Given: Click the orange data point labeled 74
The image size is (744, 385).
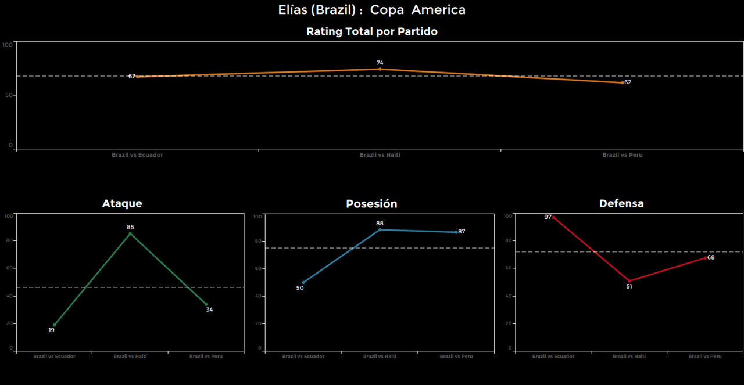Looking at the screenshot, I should click(380, 69).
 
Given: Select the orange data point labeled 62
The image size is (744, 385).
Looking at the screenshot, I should click(623, 82).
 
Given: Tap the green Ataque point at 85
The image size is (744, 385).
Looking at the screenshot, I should click(130, 233).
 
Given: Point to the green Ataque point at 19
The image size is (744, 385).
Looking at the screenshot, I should click(55, 325).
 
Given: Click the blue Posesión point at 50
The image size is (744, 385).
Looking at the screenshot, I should click(303, 283).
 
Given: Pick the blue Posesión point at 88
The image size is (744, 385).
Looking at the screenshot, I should click(380, 229).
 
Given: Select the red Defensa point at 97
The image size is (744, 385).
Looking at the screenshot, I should click(553, 217).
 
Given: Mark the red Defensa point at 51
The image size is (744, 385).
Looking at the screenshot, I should click(629, 281).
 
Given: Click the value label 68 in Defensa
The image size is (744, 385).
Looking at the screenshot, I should click(711, 257).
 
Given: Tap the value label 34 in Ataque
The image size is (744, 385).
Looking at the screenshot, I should click(209, 310).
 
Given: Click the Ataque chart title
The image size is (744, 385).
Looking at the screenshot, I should click(122, 203).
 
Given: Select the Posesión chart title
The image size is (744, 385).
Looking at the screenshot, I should click(371, 203).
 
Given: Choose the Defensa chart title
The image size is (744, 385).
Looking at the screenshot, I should click(621, 203).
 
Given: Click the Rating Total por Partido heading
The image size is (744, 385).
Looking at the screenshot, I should click(372, 32).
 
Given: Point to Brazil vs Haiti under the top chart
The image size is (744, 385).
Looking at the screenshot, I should click(380, 155).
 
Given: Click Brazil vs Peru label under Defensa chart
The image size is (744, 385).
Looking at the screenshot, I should click(705, 356).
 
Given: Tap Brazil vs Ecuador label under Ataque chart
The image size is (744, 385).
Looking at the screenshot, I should click(54, 356).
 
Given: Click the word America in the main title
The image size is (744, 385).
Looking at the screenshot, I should click(438, 10).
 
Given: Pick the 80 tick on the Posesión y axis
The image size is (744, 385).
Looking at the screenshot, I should click(257, 241).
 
